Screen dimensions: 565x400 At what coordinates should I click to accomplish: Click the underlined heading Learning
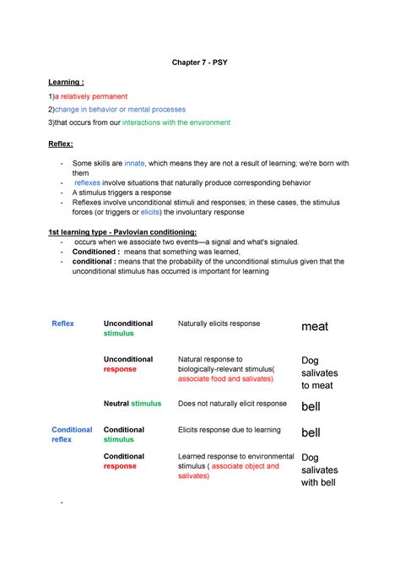[x=65, y=82]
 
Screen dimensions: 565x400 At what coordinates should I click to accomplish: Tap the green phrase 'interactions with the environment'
[x=176, y=122]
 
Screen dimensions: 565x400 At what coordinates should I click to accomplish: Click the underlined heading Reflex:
[x=62, y=144]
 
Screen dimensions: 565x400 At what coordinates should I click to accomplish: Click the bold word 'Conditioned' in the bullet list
[x=95, y=252]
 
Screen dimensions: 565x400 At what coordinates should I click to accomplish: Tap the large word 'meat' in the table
[x=315, y=327]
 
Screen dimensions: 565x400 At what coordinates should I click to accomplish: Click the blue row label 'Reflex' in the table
[x=63, y=323]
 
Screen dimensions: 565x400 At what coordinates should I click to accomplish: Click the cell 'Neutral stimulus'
[x=132, y=404]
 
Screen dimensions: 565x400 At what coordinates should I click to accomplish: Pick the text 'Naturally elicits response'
[x=219, y=323]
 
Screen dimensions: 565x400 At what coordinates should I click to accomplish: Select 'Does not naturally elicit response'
[x=232, y=404]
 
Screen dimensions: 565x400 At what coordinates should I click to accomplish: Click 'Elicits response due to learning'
[x=230, y=430]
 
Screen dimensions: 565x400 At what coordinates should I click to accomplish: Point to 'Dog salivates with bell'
[x=319, y=470]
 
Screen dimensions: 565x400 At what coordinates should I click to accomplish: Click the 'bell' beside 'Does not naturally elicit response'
[x=311, y=406]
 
